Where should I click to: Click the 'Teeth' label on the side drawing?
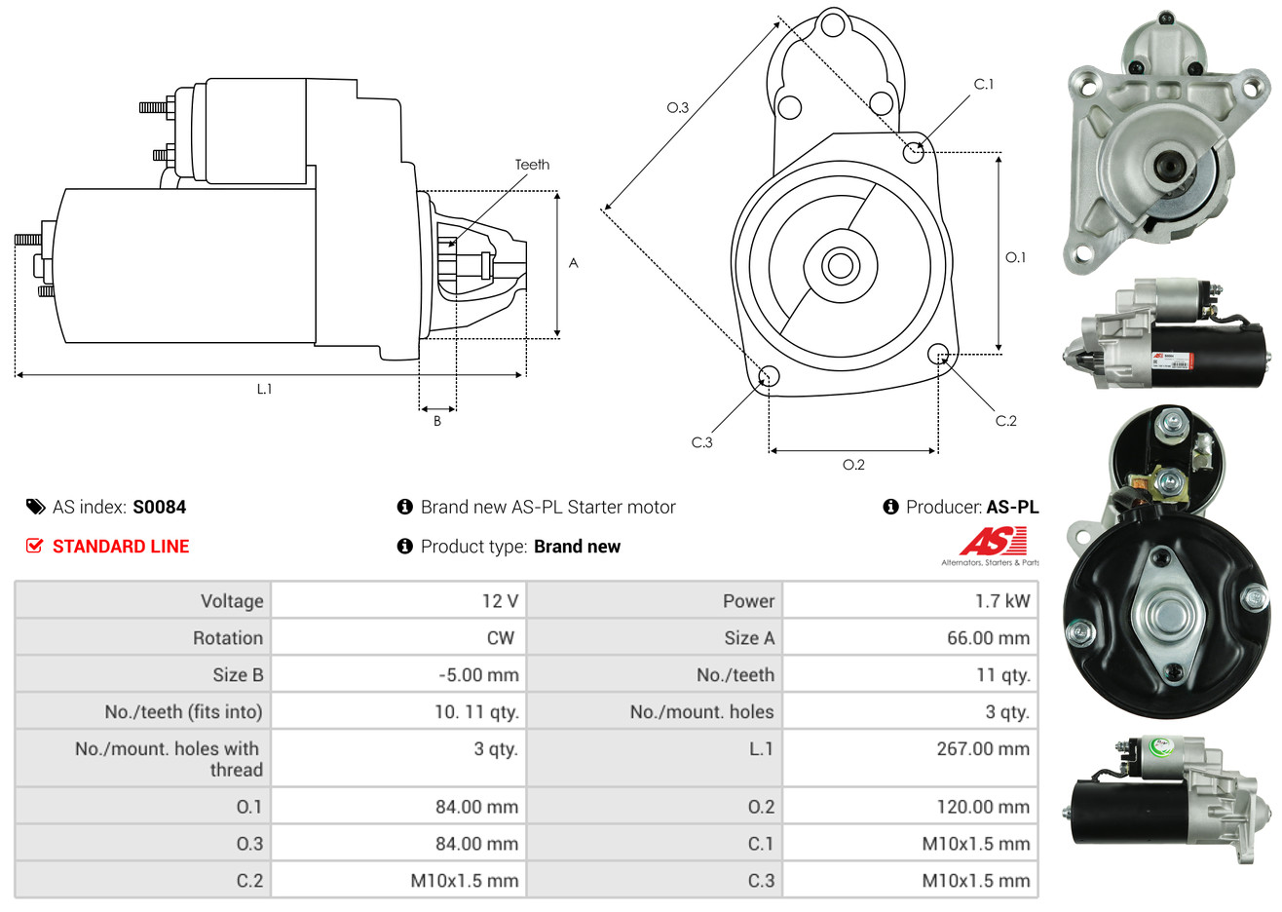[x=532, y=165]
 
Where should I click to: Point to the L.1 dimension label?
[x=264, y=389]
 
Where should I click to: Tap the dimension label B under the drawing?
[x=437, y=421]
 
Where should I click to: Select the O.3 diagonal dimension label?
[x=678, y=107]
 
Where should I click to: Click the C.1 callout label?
[x=984, y=85]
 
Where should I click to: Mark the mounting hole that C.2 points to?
[x=938, y=353]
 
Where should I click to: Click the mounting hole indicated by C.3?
[x=769, y=376]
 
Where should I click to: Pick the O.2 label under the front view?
[x=853, y=465]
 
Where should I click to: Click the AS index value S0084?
[x=159, y=507]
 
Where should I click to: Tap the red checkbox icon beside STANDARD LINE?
[x=35, y=546]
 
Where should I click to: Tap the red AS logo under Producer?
[x=993, y=542]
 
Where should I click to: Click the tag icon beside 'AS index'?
[x=36, y=507]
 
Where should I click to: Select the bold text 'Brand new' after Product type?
[x=577, y=547]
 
